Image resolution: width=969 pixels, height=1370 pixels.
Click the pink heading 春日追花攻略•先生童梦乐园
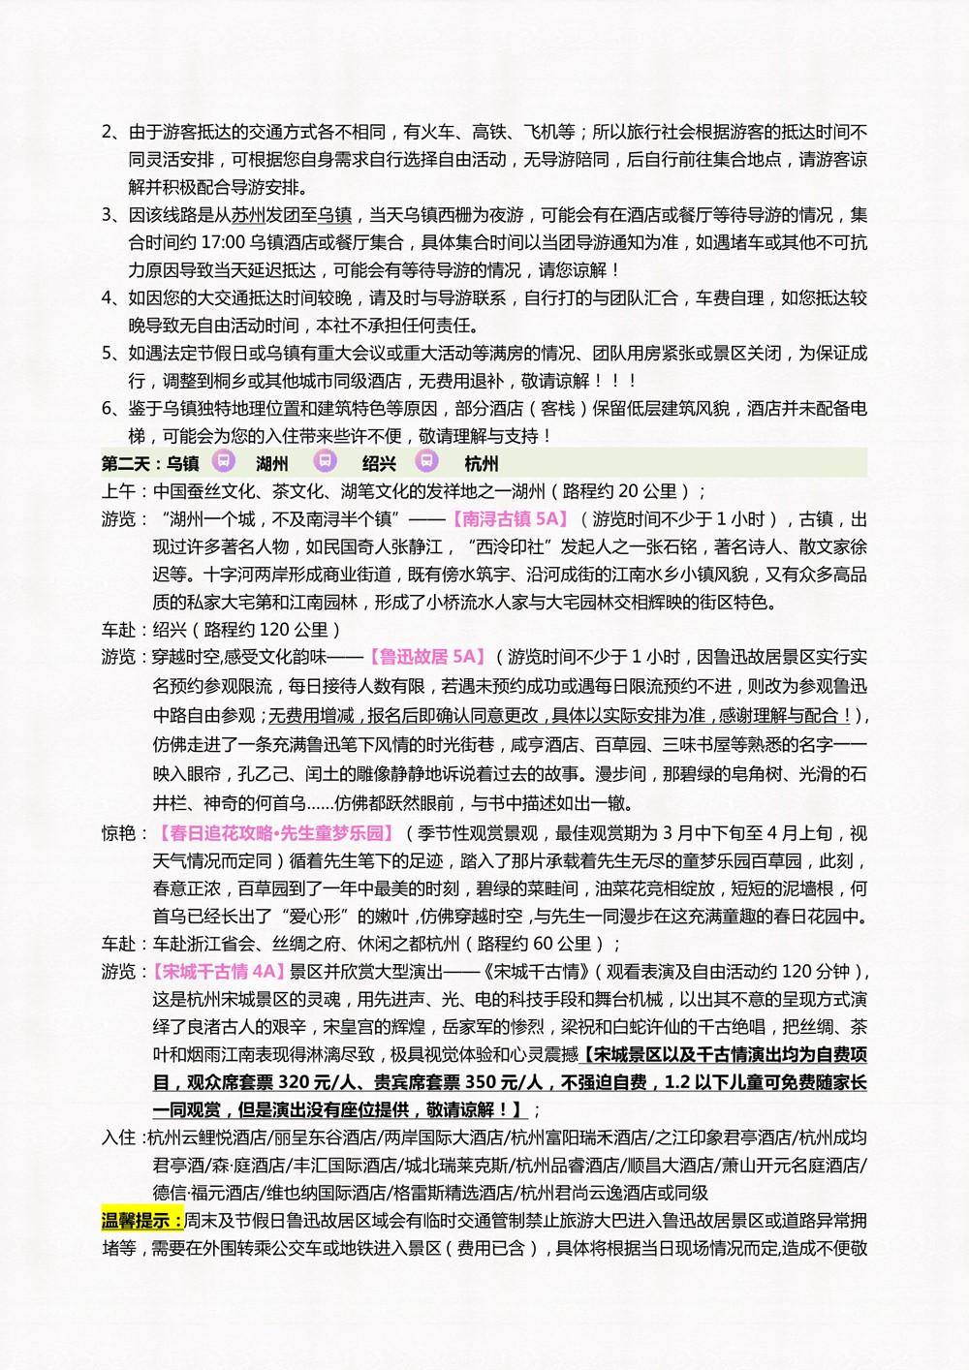(276, 833)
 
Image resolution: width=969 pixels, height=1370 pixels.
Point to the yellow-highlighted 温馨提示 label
(142, 1220)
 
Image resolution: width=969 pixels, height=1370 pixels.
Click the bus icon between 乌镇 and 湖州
(224, 461)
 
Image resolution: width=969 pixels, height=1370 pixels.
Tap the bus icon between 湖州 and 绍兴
(326, 461)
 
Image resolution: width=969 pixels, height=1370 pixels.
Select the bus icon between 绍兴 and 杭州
(426, 461)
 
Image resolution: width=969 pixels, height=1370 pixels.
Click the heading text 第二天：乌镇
(150, 463)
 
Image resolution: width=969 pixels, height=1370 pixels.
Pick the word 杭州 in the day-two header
(482, 463)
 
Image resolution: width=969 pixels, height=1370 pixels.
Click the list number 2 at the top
(108, 132)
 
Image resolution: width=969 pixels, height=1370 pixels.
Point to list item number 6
(108, 408)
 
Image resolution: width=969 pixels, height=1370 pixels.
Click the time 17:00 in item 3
(222, 242)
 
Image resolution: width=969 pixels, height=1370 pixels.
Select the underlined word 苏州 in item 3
(248, 215)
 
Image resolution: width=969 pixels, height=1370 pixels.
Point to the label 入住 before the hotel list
(119, 1137)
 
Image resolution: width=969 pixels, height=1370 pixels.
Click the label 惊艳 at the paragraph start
(119, 833)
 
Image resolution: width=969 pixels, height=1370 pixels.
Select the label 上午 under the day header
(119, 491)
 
